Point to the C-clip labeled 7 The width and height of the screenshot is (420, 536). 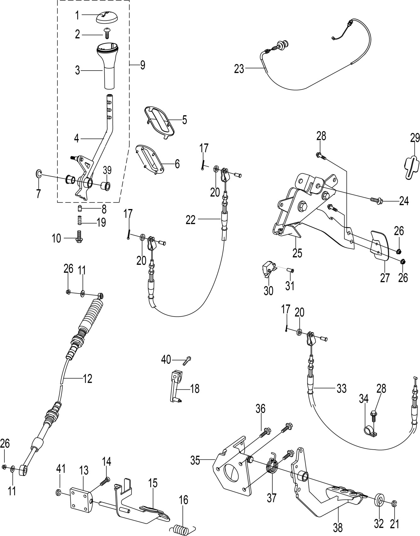pos(38,173)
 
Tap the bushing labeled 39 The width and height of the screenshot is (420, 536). pos(105,186)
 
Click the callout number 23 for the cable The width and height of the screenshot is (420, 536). pos(239,69)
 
